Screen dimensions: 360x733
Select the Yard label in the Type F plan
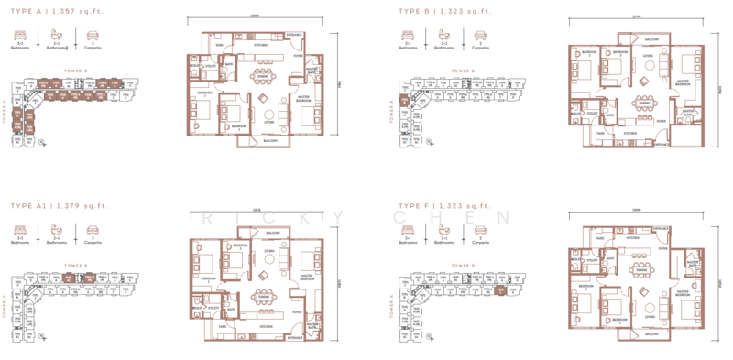tap(599, 238)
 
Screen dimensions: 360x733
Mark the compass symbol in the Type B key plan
tap(400, 92)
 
